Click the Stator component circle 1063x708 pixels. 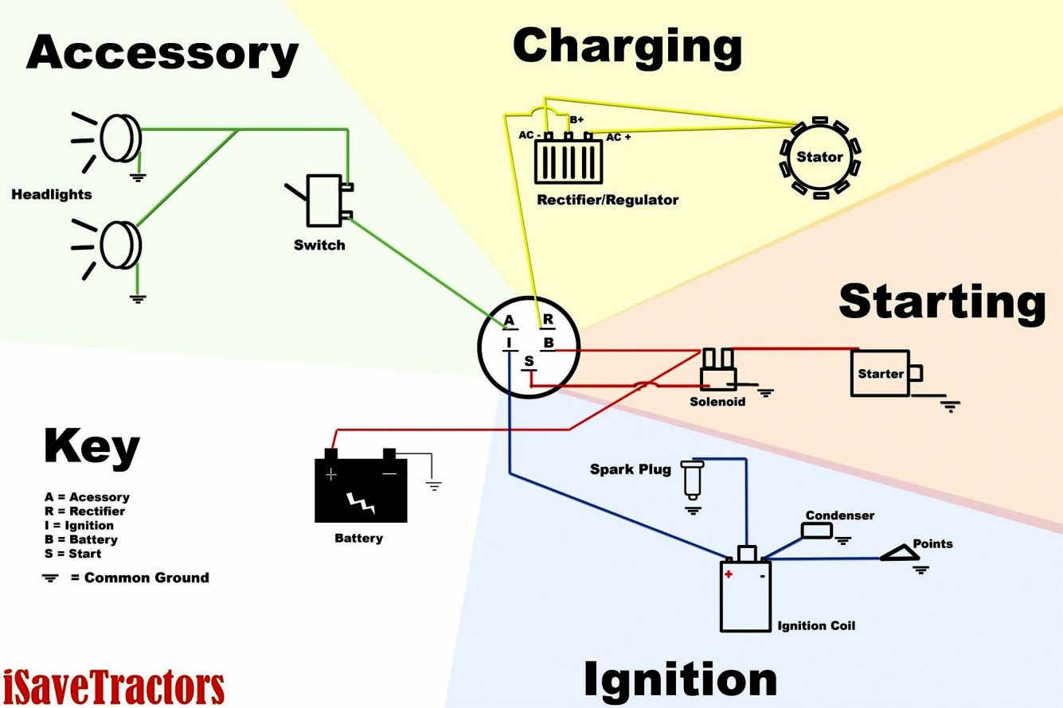(819, 157)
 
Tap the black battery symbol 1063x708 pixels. (360, 488)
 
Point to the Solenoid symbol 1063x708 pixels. (718, 372)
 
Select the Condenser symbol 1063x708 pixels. (817, 531)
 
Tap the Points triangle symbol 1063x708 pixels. (899, 553)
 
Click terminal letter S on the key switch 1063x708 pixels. (530, 362)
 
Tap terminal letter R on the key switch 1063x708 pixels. (548, 320)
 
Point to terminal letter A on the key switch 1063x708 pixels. (510, 321)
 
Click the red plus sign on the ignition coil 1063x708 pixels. (728, 574)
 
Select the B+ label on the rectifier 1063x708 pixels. (576, 119)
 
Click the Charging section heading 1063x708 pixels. (627, 45)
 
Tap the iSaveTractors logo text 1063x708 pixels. (113, 687)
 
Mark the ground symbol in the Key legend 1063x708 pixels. (50, 578)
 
